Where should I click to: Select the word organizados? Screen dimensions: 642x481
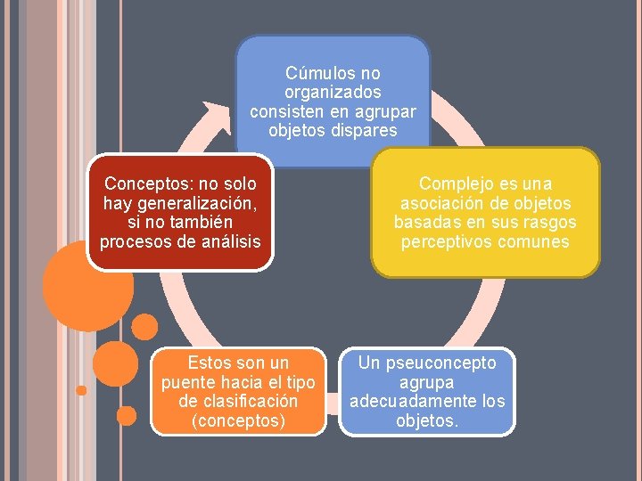pyautogui.click(x=333, y=92)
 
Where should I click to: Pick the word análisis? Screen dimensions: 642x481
pyautogui.click(x=231, y=241)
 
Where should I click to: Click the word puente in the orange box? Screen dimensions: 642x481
pyautogui.click(x=188, y=383)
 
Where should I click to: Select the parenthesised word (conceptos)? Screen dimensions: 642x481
pyautogui.click(x=239, y=420)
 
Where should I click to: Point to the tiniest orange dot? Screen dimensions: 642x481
pyautogui.click(x=81, y=390)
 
